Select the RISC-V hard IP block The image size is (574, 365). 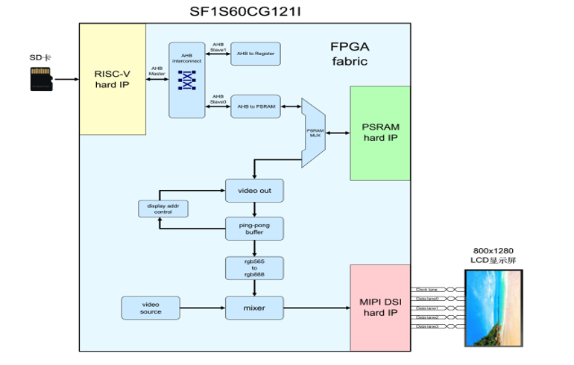pos(112,79)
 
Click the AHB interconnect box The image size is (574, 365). pos(186,80)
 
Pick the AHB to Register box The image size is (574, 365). pos(255,54)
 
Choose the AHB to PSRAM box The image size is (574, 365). pos(255,107)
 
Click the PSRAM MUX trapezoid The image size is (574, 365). pos(313,133)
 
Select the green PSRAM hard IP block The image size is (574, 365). pos(379,133)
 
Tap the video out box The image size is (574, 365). pos(254,191)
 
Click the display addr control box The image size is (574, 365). pos(163,209)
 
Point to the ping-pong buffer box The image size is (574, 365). pos(254,228)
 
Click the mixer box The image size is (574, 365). pos(254,306)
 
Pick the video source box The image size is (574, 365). pos(151,306)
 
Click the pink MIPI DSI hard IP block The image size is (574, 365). pos(379,307)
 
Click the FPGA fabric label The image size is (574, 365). pos(350,54)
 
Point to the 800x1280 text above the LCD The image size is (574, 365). pos(492,251)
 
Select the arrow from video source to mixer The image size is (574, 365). pos(203,307)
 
